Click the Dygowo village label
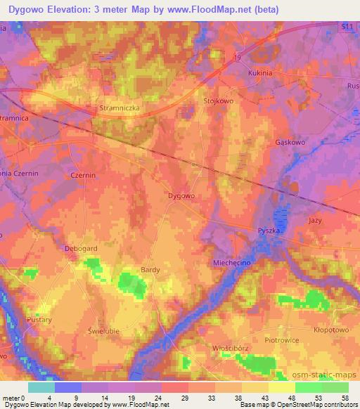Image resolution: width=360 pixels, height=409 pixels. coord(181,196)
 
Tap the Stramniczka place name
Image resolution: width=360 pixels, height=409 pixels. coord(116,110)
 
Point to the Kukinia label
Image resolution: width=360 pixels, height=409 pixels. coord(260,72)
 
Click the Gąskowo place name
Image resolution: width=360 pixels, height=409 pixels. coord(288,141)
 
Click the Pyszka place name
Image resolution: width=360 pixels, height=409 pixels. coord(269,231)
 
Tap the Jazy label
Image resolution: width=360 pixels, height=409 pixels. coord(316,220)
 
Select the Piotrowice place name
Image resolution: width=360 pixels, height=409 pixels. coord(281,341)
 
